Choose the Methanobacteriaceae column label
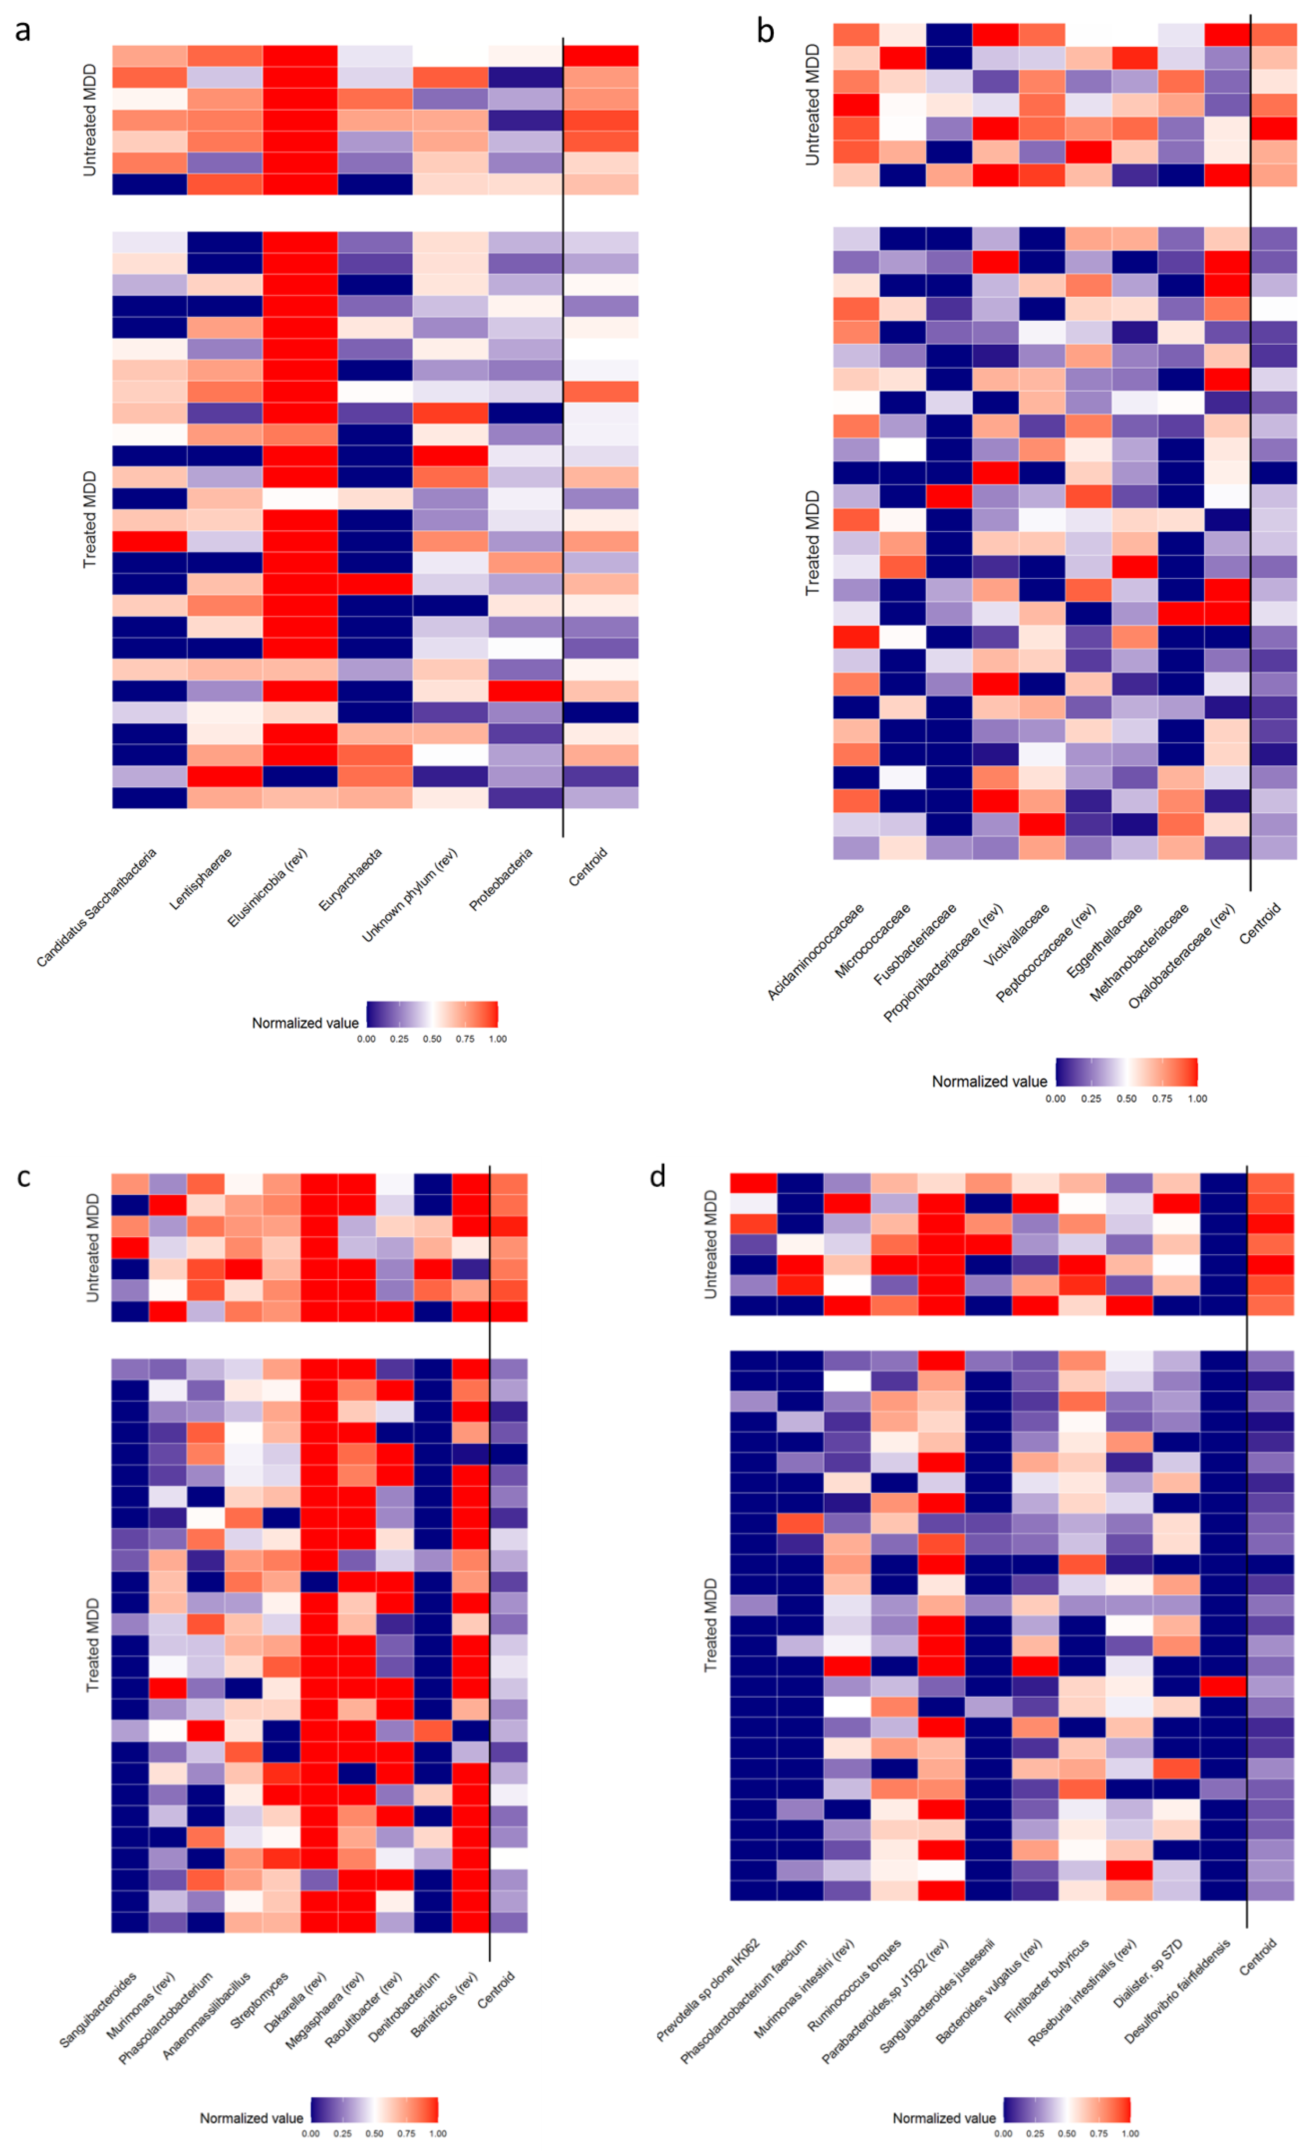coord(1139,951)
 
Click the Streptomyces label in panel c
coord(259,2000)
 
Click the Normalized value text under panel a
coord(305,1023)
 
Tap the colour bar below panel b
coord(1126,1071)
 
